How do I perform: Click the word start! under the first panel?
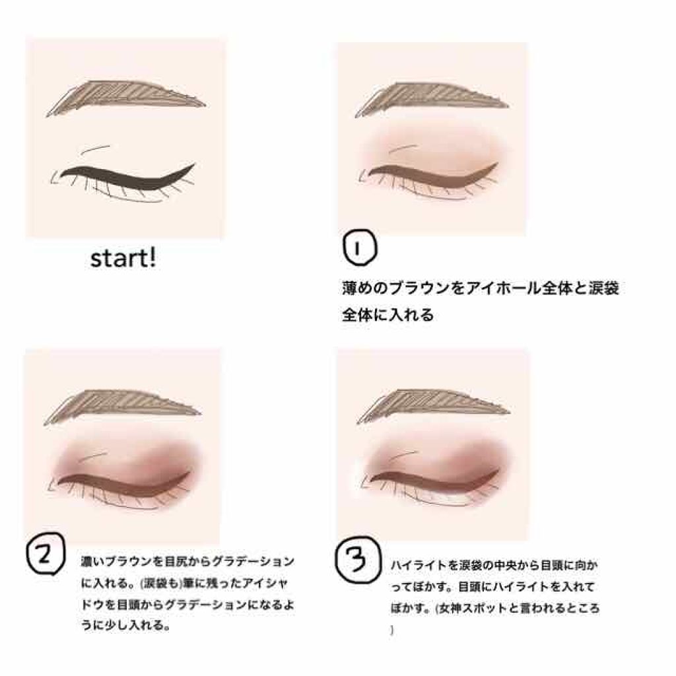pyautogui.click(x=123, y=258)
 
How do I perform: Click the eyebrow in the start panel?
pyautogui.click(x=125, y=100)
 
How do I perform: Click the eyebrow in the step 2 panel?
pyautogui.click(x=122, y=407)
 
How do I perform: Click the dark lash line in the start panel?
pyautogui.click(x=125, y=177)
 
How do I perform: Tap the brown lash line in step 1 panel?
pyautogui.click(x=429, y=176)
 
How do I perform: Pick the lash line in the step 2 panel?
pyautogui.click(x=122, y=483)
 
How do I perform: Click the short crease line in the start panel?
pyautogui.click(x=98, y=147)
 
